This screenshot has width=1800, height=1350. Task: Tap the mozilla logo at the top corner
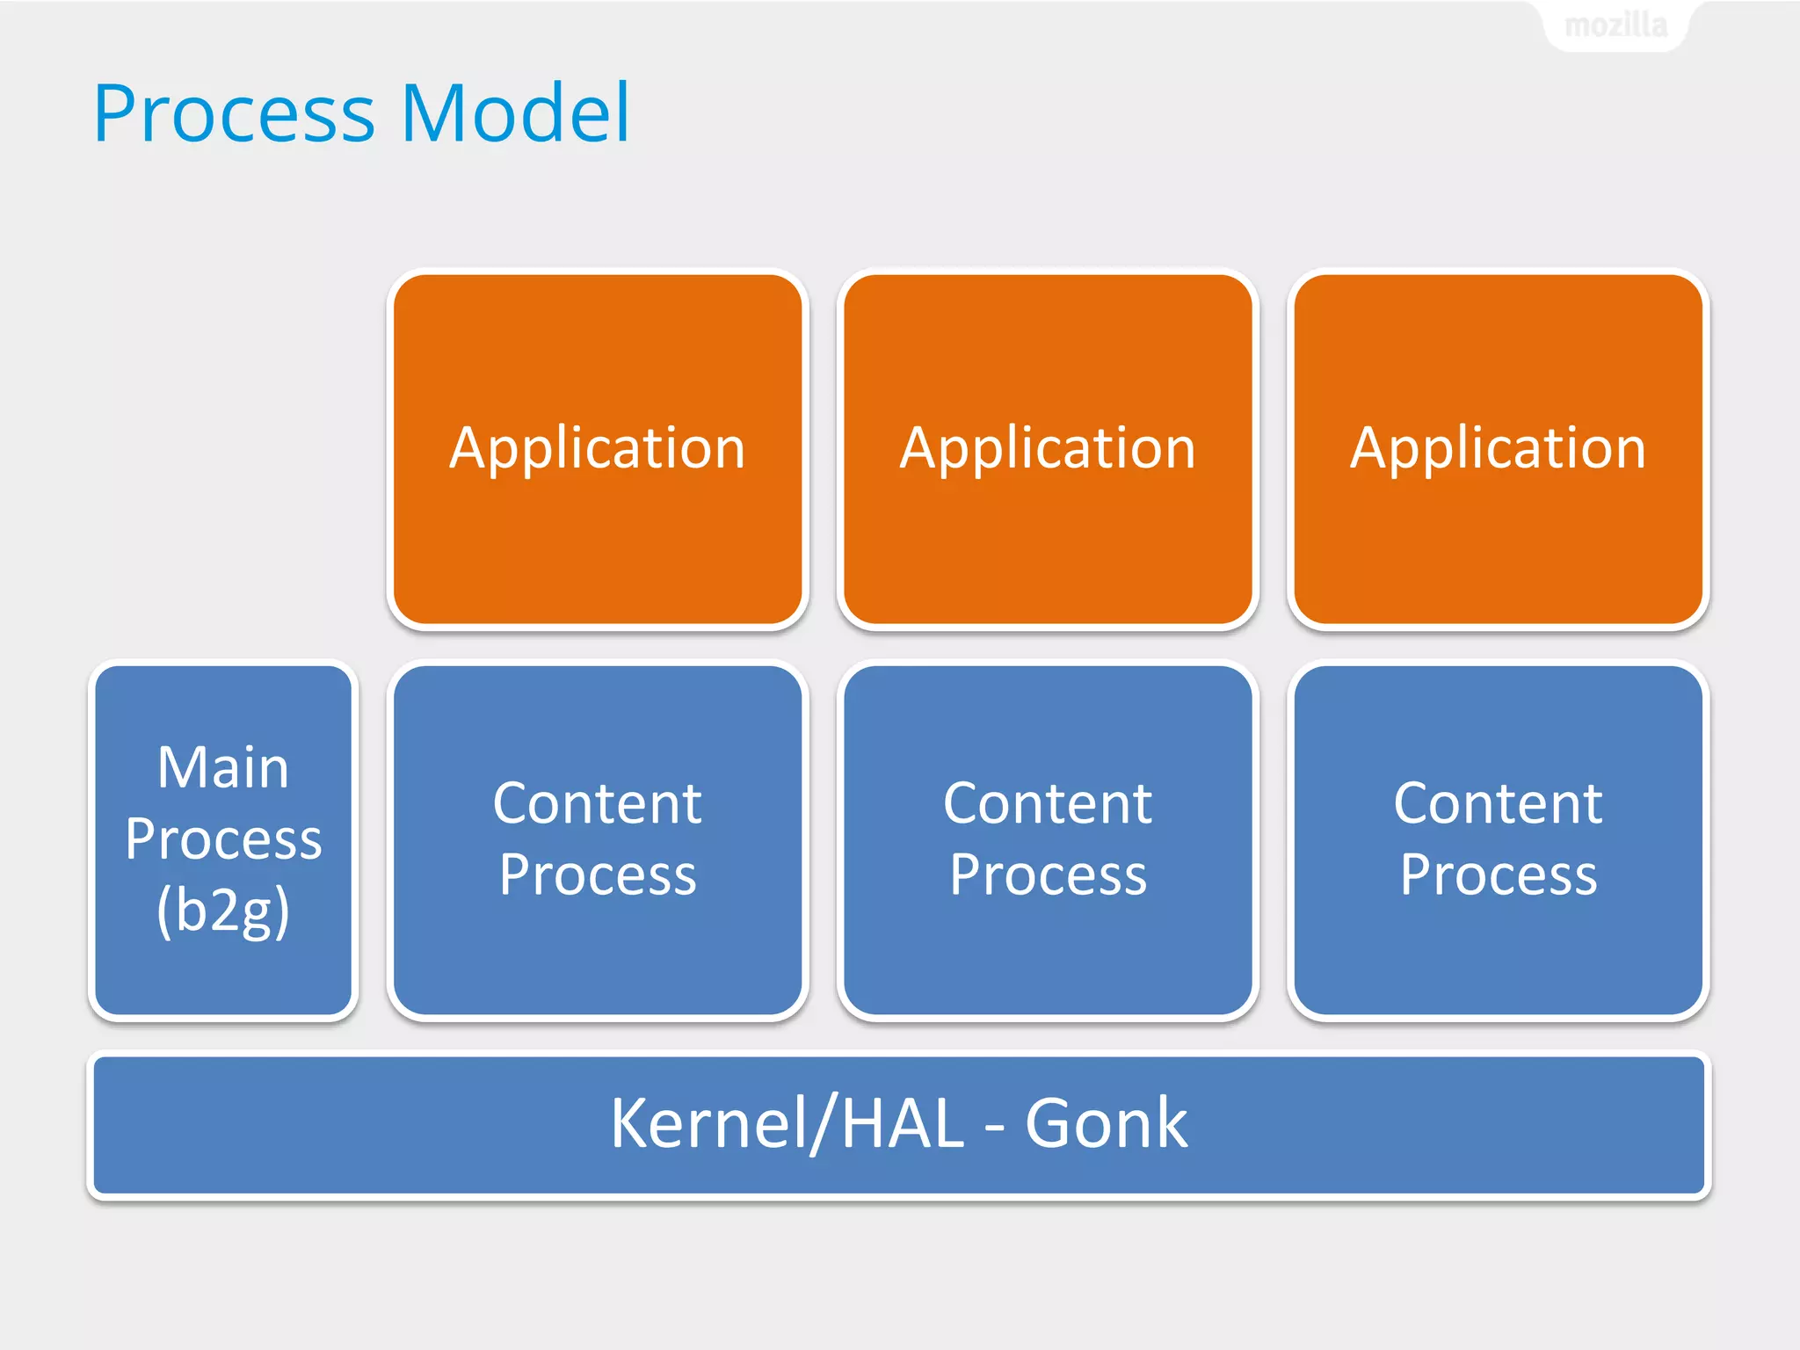point(1615,25)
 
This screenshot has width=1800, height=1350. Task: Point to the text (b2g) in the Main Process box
point(223,911)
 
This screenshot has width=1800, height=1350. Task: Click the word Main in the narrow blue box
point(223,767)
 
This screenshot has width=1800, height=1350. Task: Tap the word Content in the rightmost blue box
point(1498,803)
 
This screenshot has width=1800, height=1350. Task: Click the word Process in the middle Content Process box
point(1048,875)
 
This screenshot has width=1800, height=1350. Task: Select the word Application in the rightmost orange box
point(1498,448)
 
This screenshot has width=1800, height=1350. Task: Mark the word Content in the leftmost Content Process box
point(598,803)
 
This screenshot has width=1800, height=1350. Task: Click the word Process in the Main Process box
point(223,839)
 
